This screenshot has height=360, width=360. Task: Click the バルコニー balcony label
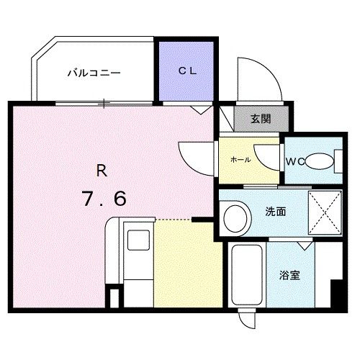click(x=94, y=73)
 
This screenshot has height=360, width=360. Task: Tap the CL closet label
click(x=187, y=71)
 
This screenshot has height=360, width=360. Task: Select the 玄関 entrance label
click(x=260, y=120)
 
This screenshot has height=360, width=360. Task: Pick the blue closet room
click(x=186, y=72)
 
